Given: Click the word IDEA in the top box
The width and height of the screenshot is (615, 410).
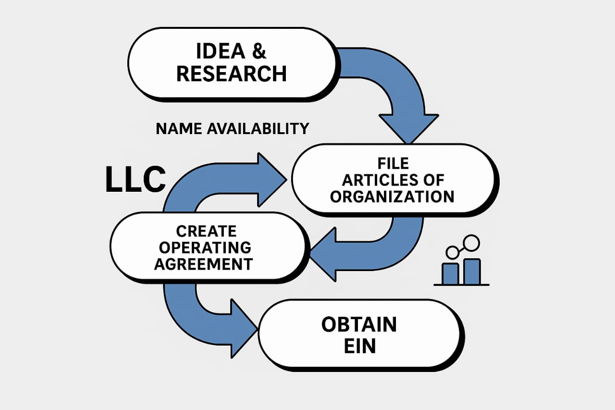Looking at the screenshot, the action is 221,51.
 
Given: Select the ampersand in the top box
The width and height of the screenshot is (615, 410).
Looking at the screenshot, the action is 259,51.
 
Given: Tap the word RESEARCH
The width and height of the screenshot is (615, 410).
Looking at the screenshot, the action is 232,74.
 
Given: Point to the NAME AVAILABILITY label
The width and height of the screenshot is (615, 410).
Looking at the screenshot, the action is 233,128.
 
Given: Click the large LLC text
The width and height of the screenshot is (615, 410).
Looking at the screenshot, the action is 135,179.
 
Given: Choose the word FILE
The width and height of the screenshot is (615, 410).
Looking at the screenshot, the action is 393,163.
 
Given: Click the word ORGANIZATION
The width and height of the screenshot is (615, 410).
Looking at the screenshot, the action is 392,197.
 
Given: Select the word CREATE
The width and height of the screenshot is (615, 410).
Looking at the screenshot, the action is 206,231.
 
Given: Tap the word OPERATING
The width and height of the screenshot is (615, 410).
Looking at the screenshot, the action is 205,248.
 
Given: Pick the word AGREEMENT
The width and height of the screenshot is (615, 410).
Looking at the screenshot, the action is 203,264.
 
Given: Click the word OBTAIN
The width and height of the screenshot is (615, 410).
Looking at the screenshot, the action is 359,324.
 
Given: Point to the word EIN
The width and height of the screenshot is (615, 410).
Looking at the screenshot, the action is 360,346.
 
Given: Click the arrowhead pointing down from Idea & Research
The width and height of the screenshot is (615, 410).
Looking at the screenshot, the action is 408,128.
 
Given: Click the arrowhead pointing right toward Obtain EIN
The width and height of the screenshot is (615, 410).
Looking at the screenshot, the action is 244,328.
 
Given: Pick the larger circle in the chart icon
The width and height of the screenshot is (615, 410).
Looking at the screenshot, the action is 471,243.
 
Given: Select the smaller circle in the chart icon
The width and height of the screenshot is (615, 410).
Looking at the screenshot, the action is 452,252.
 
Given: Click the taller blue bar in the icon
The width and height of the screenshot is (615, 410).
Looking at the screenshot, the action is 472,272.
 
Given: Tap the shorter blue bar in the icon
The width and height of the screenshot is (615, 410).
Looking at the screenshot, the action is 450,274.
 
